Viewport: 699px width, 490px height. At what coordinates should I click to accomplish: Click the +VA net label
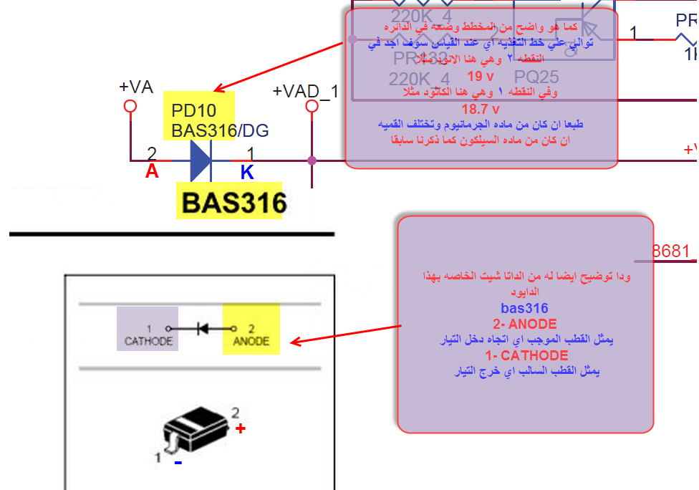pos(136,87)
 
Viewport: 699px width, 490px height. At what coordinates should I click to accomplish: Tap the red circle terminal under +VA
pos(130,106)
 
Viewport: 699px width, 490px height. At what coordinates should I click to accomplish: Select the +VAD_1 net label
pos(306,92)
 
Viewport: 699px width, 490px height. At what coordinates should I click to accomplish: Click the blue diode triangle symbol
pos(200,160)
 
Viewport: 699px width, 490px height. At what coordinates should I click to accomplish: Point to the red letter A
pos(152,172)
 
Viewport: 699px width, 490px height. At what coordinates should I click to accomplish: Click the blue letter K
pos(246,172)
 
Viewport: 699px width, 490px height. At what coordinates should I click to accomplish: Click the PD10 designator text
pos(193,111)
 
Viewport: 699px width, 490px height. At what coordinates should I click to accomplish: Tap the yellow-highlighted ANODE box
pos(251,329)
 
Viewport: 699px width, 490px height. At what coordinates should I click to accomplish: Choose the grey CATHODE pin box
pos(148,329)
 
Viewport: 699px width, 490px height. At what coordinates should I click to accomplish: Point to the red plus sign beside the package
pos(241,428)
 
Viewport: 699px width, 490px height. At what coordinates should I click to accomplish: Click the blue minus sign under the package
pos(178,463)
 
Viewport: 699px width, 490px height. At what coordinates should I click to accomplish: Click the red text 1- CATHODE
pos(526,355)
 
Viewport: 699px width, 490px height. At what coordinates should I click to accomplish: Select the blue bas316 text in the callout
pos(524,308)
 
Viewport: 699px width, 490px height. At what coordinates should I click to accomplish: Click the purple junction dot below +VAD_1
pos(312,160)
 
